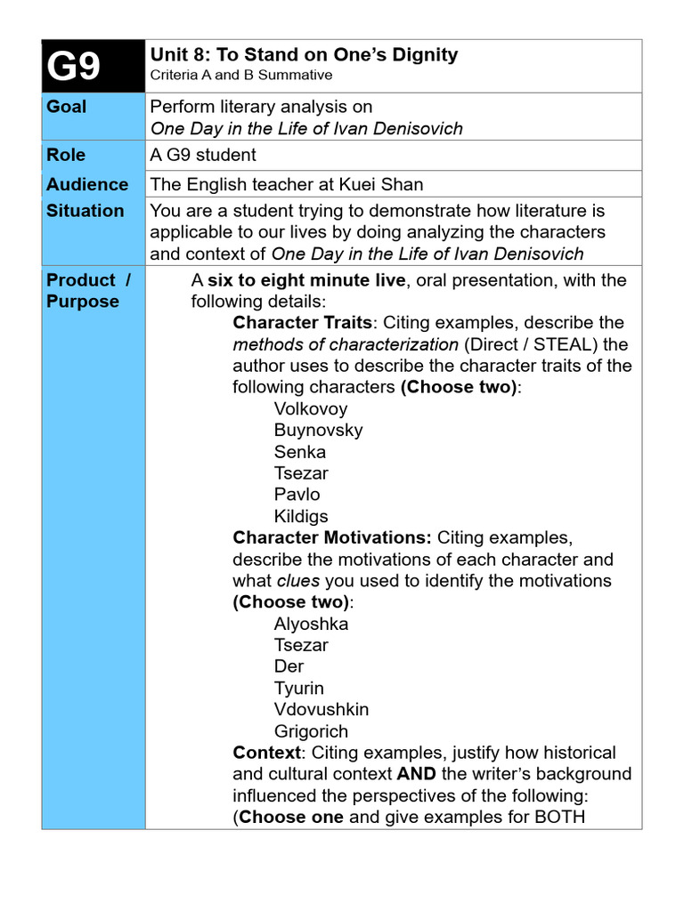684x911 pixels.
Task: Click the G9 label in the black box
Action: click(x=74, y=67)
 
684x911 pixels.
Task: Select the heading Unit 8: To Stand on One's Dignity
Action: click(x=304, y=54)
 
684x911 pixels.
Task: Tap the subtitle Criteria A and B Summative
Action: click(x=240, y=76)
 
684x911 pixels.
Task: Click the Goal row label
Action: click(x=67, y=107)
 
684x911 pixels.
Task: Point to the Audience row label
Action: click(x=87, y=184)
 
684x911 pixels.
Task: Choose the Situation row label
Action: click(x=85, y=211)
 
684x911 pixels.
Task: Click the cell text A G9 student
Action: click(x=203, y=155)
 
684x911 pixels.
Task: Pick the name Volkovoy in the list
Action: click(x=311, y=409)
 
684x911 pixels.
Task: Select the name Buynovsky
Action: click(x=318, y=431)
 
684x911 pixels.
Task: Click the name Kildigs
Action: click(x=301, y=516)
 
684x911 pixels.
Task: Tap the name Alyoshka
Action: click(x=311, y=624)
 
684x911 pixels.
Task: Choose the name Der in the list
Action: click(x=289, y=666)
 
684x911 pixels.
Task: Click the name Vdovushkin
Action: click(x=321, y=709)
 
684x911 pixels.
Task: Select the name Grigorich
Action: click(x=311, y=731)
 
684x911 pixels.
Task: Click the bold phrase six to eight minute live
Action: click(x=305, y=280)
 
